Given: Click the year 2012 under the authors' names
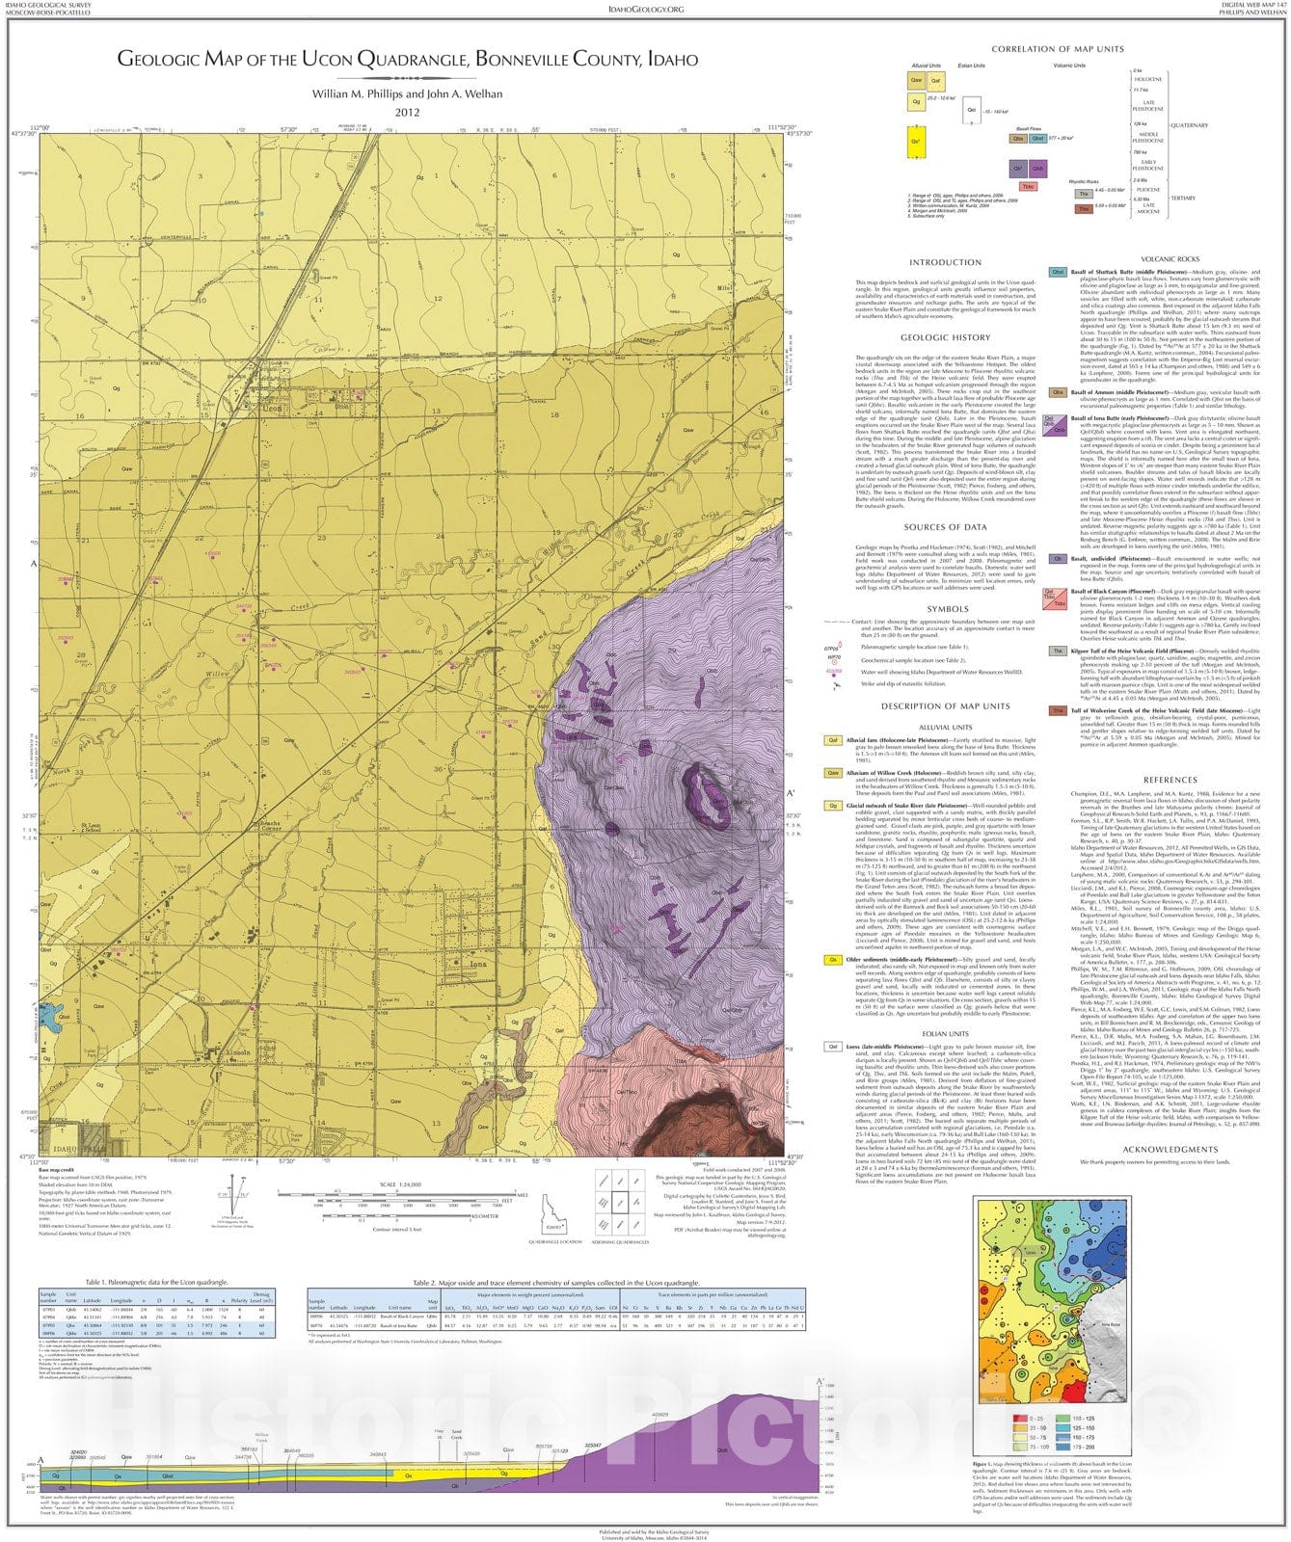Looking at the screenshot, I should (x=407, y=112).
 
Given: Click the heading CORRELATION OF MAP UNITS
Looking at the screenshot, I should (x=1058, y=48).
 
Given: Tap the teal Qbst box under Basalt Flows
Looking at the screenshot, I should (x=1037, y=138).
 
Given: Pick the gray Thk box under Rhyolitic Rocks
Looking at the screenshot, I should (x=1083, y=194).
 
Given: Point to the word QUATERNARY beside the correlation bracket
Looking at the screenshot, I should (x=1189, y=125).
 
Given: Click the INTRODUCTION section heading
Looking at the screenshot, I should (x=945, y=262).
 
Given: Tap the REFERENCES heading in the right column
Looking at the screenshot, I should (x=1170, y=780).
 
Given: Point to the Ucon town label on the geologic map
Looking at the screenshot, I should (x=273, y=408).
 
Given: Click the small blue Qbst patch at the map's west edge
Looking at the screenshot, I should (x=47, y=1015).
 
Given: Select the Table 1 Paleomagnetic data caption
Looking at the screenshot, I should (x=157, y=1283).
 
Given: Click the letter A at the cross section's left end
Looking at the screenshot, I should (x=40, y=1460).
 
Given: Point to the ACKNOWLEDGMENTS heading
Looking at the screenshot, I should (x=1170, y=1149).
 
